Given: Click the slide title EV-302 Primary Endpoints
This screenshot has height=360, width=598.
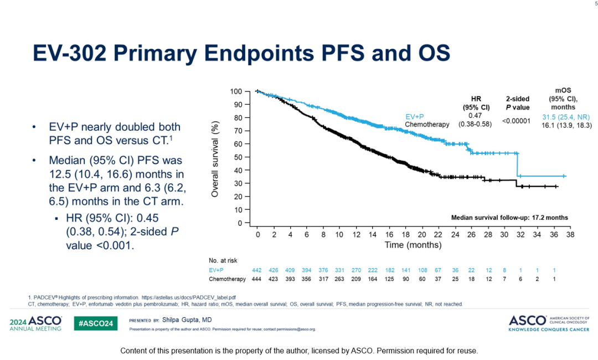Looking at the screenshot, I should pyautogui.click(x=241, y=53).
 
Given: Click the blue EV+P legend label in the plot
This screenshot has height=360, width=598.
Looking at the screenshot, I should pyautogui.click(x=414, y=117).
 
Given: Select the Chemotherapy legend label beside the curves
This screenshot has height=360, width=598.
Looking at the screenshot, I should pyautogui.click(x=427, y=125).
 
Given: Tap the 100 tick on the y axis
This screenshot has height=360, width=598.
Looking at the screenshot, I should pyautogui.click(x=236, y=91).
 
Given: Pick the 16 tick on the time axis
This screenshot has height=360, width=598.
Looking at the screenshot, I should pyautogui.click(x=389, y=235).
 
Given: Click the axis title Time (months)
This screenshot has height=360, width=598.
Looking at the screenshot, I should pyautogui.click(x=413, y=245).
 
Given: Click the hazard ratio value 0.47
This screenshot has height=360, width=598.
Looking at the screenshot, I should pyautogui.click(x=475, y=115).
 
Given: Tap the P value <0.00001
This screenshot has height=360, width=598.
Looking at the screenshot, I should pyautogui.click(x=517, y=120).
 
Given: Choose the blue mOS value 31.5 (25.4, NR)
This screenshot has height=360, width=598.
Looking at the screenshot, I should pyautogui.click(x=566, y=117).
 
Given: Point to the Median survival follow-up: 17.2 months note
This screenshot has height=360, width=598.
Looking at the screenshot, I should pyautogui.click(x=509, y=218).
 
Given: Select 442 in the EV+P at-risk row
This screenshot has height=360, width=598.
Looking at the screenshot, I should pyautogui.click(x=257, y=270).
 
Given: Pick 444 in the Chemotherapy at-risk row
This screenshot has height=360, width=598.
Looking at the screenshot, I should pyautogui.click(x=257, y=279).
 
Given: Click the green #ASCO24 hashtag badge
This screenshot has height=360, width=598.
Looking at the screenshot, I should pyautogui.click(x=95, y=323).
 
